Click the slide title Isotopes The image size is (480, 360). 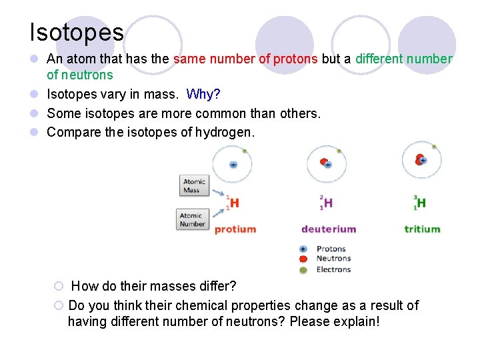[x=76, y=32]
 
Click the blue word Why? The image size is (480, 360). [x=203, y=94]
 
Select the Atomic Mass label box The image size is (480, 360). [x=195, y=186]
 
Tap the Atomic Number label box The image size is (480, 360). [x=192, y=220]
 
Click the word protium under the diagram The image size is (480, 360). [x=235, y=229]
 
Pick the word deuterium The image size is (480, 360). [x=329, y=229]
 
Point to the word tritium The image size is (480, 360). [x=422, y=229]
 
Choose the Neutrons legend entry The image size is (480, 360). [x=333, y=259]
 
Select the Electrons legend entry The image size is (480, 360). [x=333, y=269]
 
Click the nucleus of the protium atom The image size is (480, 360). [x=233, y=164]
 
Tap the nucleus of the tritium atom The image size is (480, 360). [x=421, y=160]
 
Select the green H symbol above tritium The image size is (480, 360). [x=421, y=203]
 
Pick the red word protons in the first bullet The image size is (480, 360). [x=295, y=59]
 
